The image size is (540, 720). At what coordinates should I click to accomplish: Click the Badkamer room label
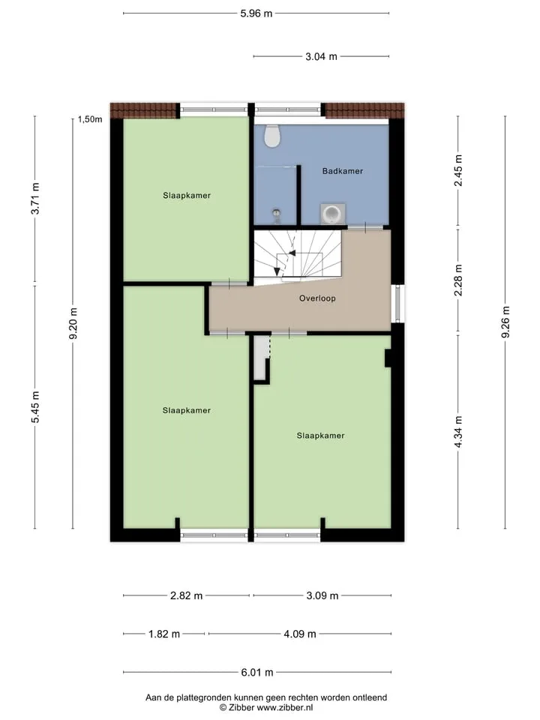pos(343,171)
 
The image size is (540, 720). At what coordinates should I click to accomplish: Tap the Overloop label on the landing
pos(317,298)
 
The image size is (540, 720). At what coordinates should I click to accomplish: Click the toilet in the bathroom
pos(272,136)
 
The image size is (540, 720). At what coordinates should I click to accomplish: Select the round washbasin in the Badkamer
pos(332,214)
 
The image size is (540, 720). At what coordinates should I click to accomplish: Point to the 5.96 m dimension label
pos(256,13)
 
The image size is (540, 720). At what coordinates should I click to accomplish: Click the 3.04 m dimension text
pos(322,56)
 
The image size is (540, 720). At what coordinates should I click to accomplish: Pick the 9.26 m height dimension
pos(505,322)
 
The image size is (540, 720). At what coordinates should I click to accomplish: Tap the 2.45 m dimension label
pos(457,170)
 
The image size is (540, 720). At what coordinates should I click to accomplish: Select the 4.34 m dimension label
pos(457,432)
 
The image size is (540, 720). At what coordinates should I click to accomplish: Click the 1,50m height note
pos(90,119)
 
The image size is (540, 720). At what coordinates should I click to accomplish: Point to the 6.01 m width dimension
pos(257,673)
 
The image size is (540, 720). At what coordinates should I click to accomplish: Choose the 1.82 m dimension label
pos(164,634)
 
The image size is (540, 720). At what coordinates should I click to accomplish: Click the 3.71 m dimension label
pos(35,198)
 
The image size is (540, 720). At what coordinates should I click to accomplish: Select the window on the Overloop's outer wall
pos(397,304)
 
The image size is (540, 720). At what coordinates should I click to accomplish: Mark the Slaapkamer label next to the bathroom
pos(187,196)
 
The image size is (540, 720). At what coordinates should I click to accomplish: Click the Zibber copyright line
pos(266,708)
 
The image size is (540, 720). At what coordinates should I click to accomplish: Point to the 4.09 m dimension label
pos(300,634)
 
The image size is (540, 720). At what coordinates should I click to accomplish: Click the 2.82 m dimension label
pos(187,596)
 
